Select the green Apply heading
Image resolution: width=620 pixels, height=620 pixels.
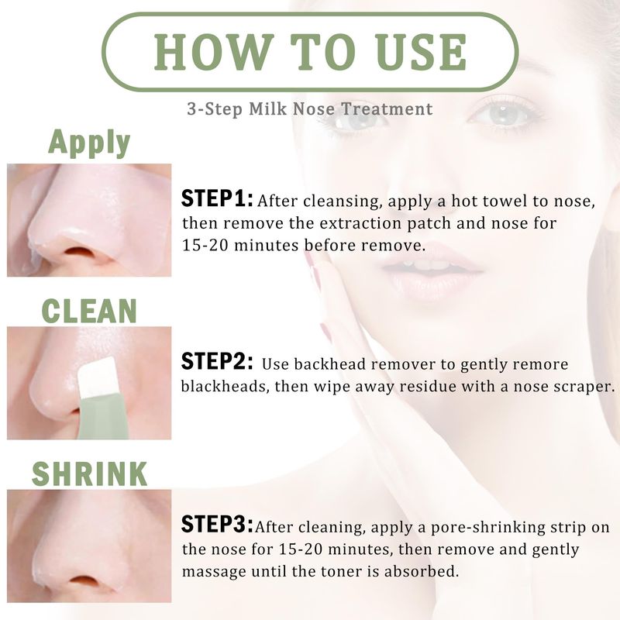89,143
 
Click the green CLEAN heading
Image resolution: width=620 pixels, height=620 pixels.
89,312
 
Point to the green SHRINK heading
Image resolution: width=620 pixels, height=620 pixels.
89,474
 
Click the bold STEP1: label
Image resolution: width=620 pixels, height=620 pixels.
217,198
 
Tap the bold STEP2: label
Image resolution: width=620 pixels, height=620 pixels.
217,361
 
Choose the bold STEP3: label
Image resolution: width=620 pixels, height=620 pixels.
217,525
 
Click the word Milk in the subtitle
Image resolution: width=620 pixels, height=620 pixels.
267,108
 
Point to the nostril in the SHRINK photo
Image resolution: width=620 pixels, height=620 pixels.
84,580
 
